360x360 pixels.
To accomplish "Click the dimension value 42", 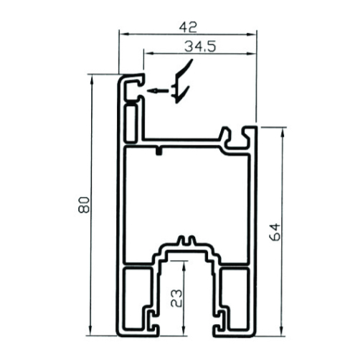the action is point(188,27).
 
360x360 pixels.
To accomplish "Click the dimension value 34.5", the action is point(200,47).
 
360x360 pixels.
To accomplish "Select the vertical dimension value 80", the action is point(84,205).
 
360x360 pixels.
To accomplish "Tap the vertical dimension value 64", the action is point(274,232).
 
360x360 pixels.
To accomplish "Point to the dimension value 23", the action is point(176,298).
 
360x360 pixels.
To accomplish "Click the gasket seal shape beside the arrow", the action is point(181,81).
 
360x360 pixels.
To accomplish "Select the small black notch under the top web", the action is point(158,151).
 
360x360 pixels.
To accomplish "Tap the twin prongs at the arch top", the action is point(186,240).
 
